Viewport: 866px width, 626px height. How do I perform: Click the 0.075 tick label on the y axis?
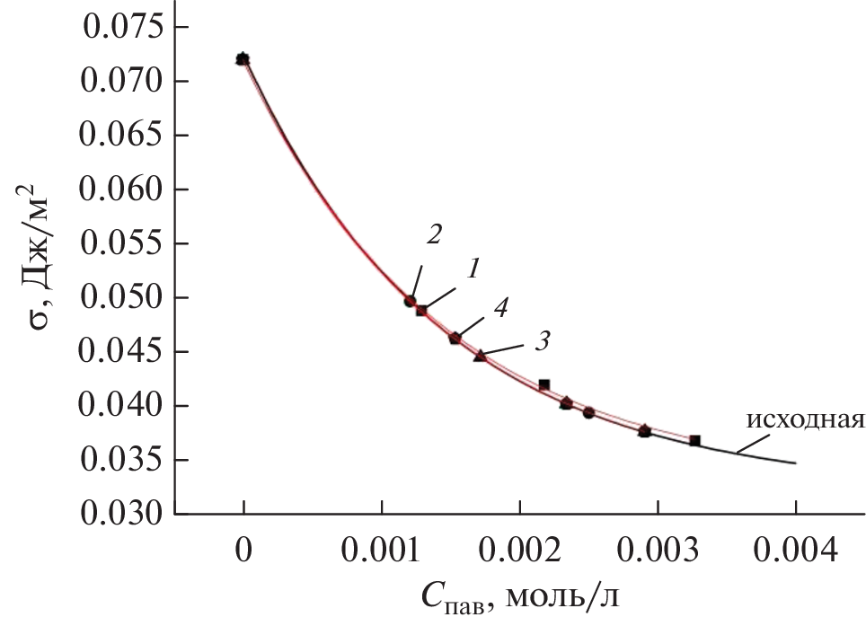(x=123, y=28)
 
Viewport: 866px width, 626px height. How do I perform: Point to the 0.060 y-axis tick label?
(x=123, y=190)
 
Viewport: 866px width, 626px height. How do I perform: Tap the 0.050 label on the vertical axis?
(x=123, y=298)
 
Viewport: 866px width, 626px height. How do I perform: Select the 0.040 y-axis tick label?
(x=123, y=407)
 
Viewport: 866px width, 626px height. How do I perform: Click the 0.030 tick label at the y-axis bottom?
(x=123, y=515)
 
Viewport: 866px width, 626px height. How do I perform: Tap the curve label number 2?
(x=434, y=235)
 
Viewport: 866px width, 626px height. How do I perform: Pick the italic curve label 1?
(x=473, y=268)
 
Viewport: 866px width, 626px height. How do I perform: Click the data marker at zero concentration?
(x=243, y=59)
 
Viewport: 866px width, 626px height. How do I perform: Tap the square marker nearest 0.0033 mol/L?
(x=694, y=441)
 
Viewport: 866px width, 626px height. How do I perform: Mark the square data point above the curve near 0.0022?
(x=543, y=384)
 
